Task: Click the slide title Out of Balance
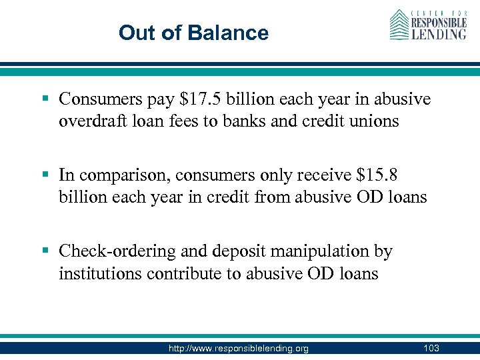(193, 33)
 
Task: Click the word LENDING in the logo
(437, 33)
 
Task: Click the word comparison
(115, 175)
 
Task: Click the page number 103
(431, 349)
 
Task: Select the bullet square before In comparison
(45, 175)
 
